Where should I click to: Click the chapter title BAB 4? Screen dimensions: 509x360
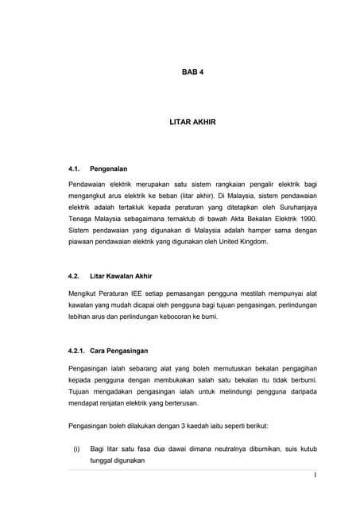(192, 72)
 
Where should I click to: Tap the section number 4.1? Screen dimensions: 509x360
(76, 169)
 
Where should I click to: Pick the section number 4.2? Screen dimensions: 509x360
(76, 276)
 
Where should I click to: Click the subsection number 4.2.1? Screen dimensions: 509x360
(79, 351)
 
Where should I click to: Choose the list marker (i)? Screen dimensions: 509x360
(76, 449)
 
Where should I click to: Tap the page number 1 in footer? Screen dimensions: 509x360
(315, 476)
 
